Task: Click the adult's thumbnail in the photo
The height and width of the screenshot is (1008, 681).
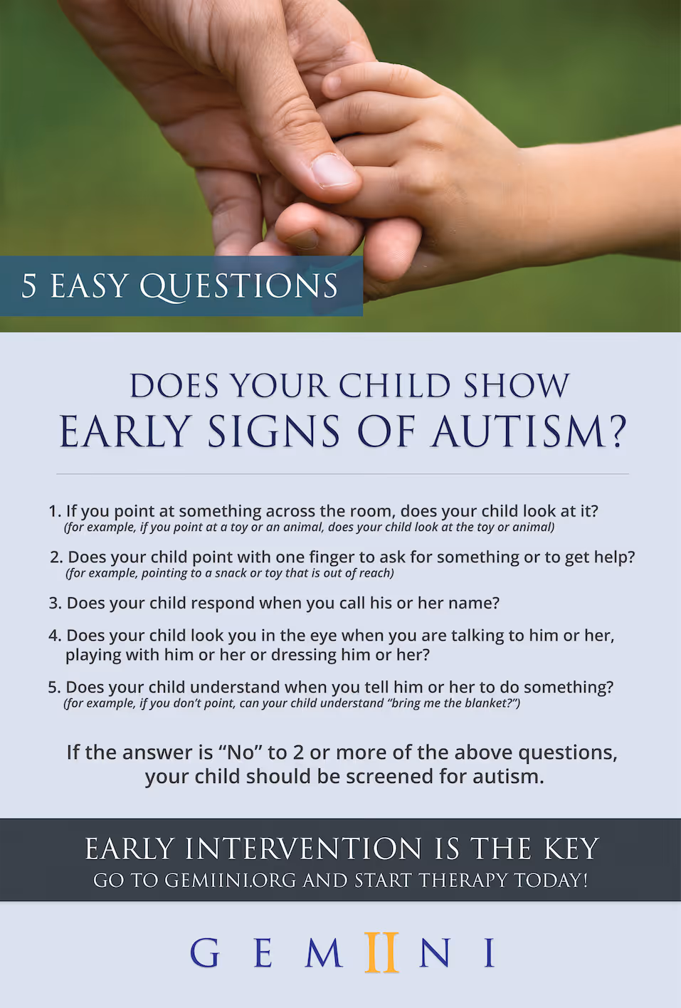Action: click(332, 170)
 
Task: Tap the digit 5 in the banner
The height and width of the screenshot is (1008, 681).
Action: click(28, 286)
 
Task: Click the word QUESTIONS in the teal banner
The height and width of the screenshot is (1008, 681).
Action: click(238, 286)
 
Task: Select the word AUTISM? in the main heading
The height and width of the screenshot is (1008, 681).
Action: click(529, 432)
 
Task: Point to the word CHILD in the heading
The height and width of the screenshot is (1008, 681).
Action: click(394, 387)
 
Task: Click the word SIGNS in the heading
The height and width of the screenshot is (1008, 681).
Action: click(274, 432)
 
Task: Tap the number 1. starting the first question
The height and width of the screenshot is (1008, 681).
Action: click(55, 511)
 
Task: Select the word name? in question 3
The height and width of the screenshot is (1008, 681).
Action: click(475, 603)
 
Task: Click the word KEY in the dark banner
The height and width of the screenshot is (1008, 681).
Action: click(571, 849)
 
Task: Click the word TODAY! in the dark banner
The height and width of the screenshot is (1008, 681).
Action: click(551, 881)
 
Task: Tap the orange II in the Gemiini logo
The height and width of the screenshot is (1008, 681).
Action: click(381, 952)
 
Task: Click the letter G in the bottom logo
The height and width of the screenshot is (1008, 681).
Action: click(205, 952)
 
